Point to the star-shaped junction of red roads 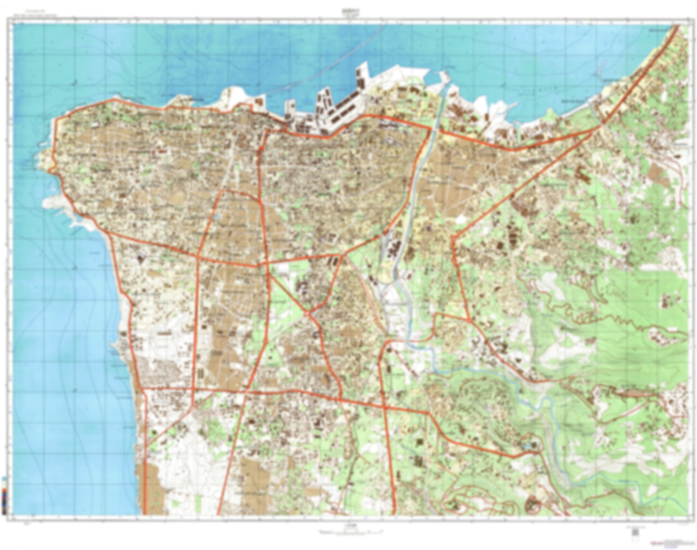click(308, 312)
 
